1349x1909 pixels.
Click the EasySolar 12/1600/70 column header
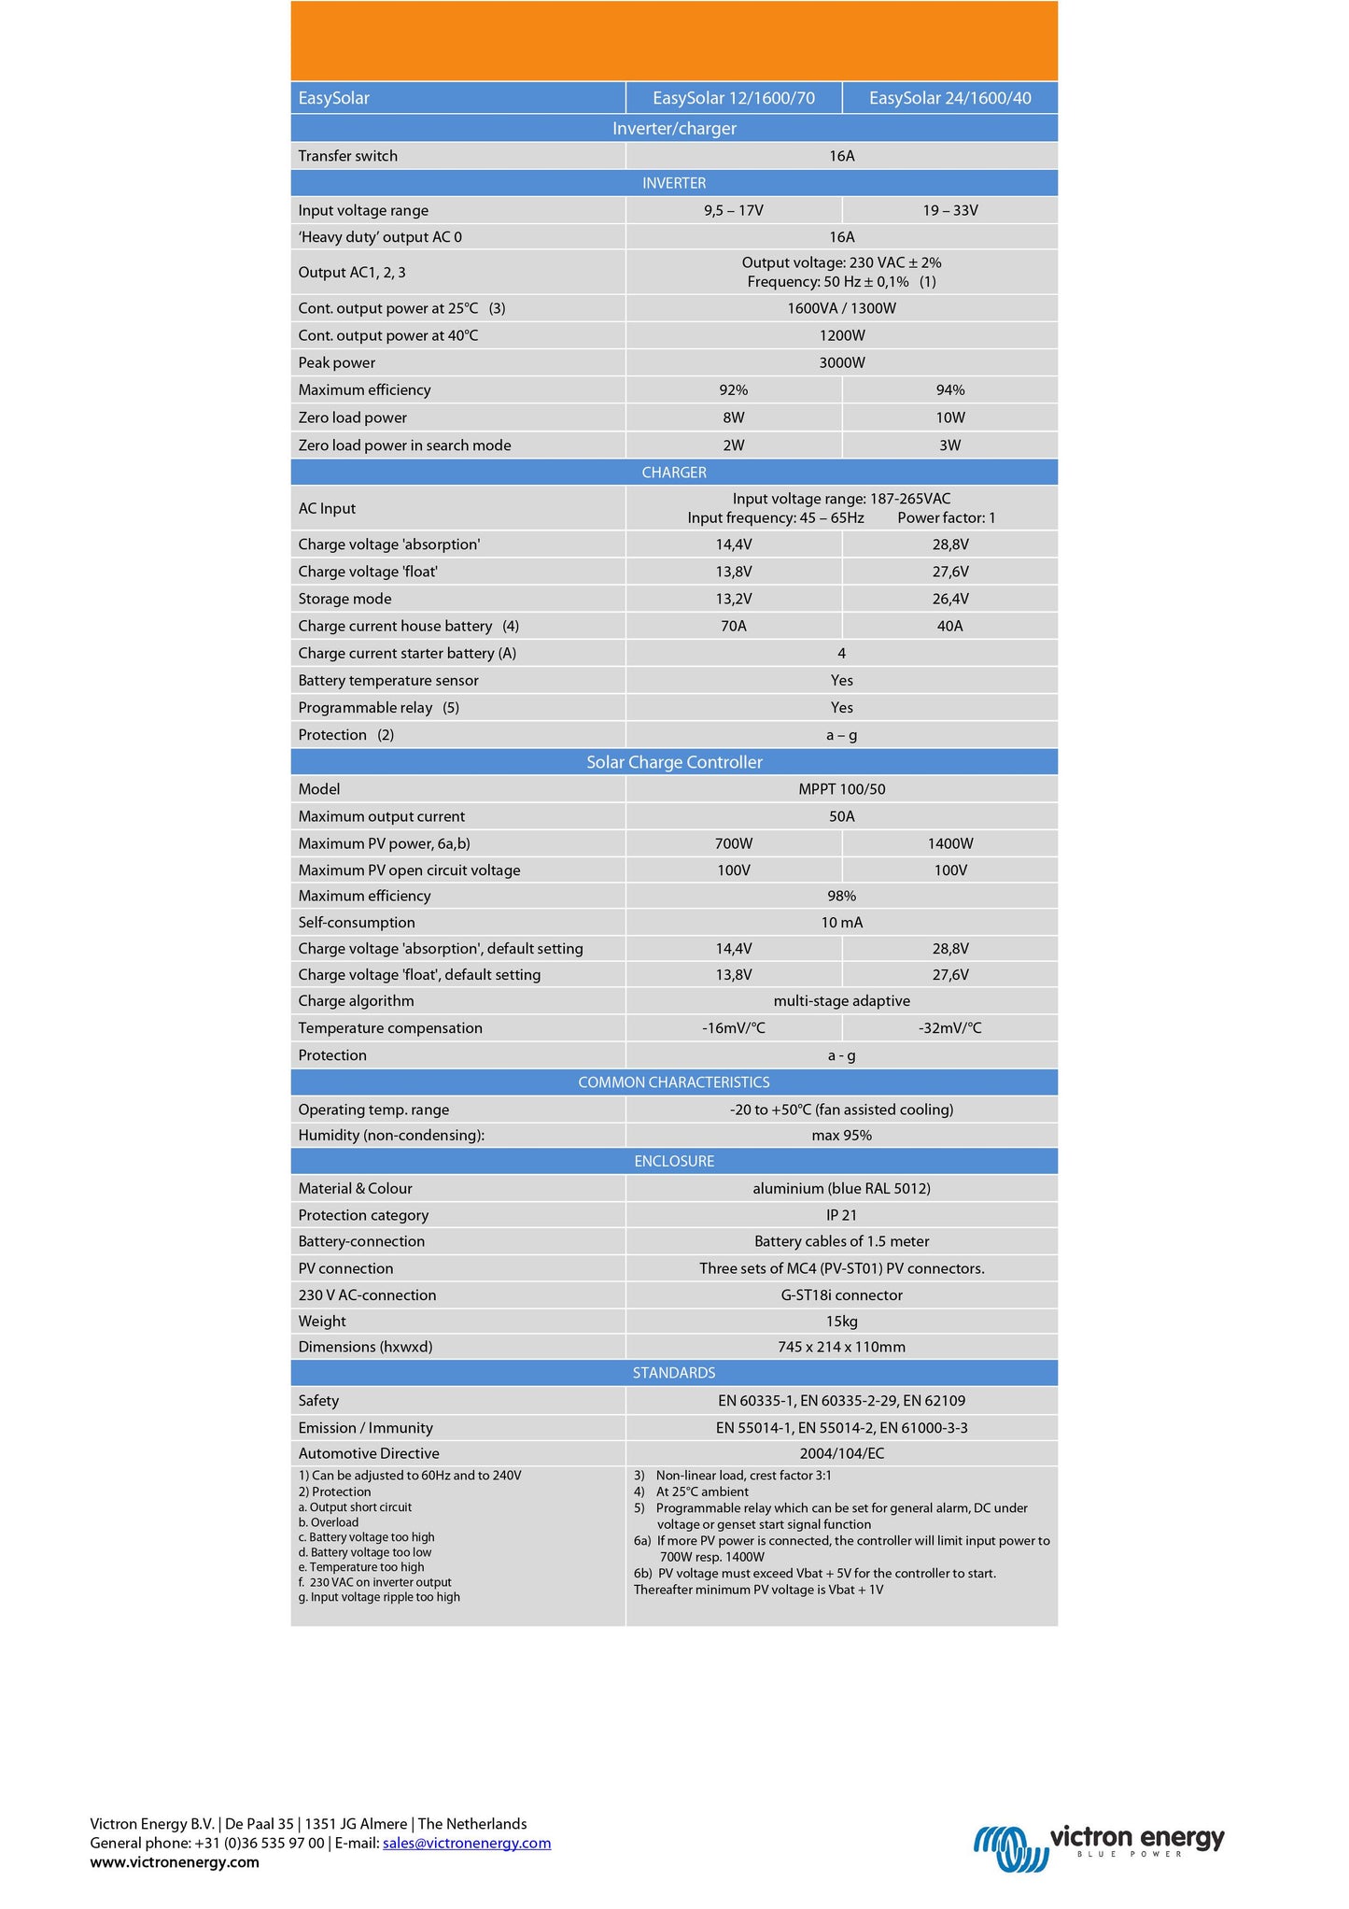coord(734,98)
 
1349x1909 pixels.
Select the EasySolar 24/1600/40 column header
coord(949,98)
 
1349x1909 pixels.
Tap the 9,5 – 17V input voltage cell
coord(734,210)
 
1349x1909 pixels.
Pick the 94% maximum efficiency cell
coord(949,389)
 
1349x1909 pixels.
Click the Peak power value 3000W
coord(841,362)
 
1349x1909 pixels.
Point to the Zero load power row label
coord(352,417)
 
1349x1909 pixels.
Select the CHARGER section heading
coord(674,473)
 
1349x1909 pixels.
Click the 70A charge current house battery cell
coord(734,626)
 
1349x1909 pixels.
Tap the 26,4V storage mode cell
coord(949,599)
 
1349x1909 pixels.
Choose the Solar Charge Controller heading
coord(674,762)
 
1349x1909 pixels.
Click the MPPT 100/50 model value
coord(841,789)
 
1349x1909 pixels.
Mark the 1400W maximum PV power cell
coord(949,843)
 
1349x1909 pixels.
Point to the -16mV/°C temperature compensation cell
coord(734,1028)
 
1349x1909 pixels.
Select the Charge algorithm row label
coord(356,1001)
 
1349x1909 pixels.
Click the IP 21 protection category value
coord(841,1215)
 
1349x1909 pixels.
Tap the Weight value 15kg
coord(841,1322)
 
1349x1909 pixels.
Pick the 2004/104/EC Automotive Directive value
coord(841,1453)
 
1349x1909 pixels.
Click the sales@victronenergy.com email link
coord(467,1843)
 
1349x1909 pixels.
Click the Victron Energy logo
coord(1099,1845)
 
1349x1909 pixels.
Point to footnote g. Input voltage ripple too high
coord(379,1597)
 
